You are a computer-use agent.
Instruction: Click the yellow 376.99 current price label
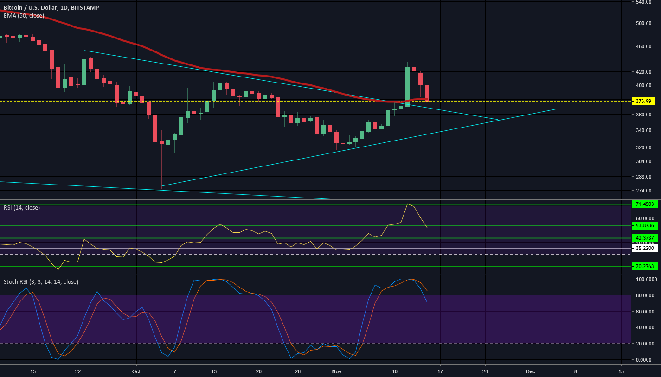[645, 101]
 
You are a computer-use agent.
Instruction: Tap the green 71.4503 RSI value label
[645, 204]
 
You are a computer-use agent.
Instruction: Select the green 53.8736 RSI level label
[645, 225]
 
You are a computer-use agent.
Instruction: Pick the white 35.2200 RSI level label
[645, 248]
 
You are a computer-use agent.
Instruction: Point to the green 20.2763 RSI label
[645, 266]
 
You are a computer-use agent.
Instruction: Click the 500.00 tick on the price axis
[645, 23]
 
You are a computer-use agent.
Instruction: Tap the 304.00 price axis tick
[645, 161]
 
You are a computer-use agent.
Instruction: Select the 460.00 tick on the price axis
[645, 46]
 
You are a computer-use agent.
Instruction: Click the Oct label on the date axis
[136, 371]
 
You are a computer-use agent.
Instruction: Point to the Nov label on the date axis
[337, 371]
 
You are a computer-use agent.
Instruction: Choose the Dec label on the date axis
[531, 371]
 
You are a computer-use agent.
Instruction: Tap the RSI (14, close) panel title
[22, 208]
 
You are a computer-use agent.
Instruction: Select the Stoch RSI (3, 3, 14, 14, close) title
[41, 282]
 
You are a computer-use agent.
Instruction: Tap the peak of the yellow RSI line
[408, 204]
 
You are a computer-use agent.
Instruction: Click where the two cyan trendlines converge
[498, 120]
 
